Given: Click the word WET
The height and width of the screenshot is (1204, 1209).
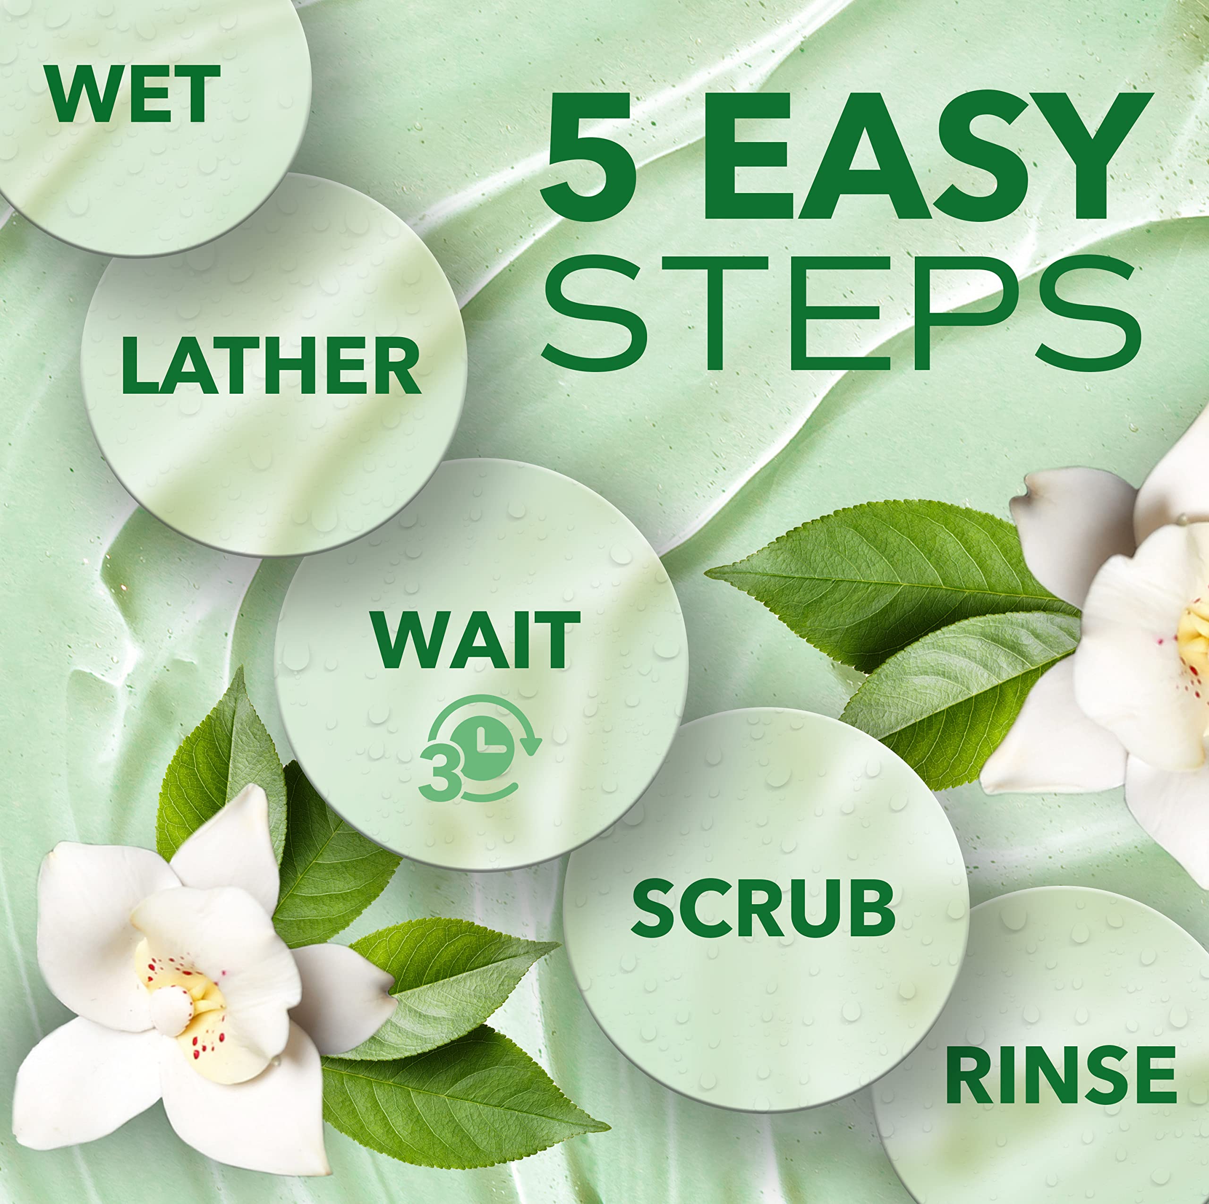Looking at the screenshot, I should [134, 94].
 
